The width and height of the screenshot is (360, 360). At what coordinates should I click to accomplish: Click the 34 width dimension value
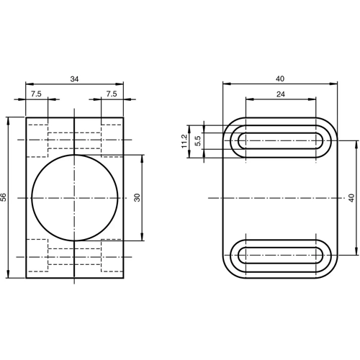point(74,78)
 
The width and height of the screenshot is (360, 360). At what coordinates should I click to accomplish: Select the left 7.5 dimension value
point(36,94)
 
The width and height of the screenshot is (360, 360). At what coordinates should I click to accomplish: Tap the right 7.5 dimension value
point(112,94)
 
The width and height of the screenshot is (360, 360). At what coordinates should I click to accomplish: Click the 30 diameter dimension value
point(137,197)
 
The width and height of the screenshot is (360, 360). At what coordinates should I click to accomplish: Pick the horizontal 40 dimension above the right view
point(280,78)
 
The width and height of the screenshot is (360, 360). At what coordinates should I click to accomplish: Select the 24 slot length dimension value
point(280,94)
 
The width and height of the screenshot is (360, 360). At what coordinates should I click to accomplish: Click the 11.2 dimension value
point(184,140)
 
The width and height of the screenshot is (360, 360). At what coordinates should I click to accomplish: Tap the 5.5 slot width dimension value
point(197,140)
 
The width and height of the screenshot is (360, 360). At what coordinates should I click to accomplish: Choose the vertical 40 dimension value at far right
point(351,197)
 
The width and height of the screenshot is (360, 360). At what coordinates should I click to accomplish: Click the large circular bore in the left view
point(74,197)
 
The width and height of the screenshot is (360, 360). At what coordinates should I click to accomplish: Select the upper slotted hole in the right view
point(280,140)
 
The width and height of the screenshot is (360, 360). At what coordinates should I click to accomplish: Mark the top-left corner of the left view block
point(27,117)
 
